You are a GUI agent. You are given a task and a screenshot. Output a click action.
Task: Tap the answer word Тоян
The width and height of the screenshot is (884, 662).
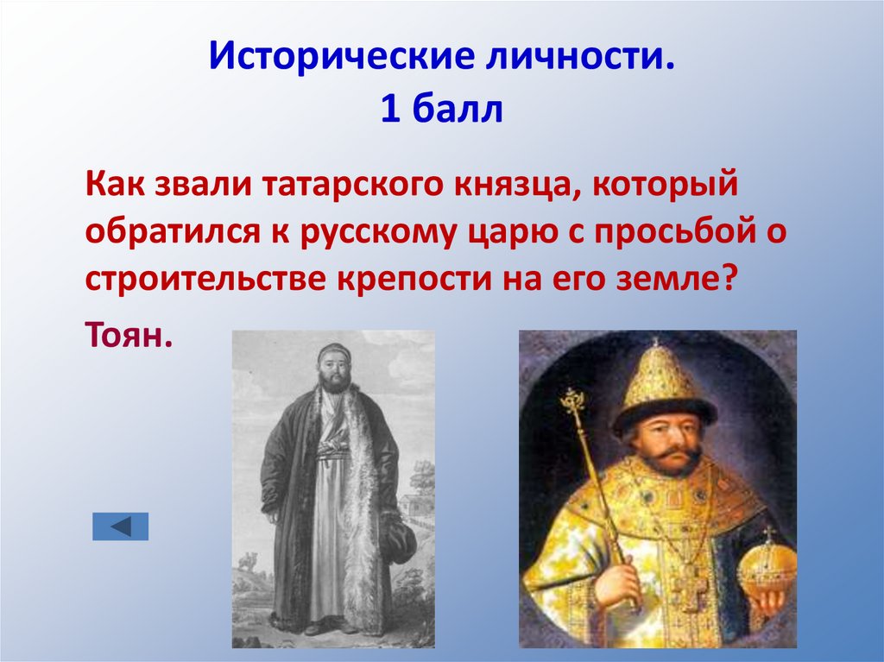129,333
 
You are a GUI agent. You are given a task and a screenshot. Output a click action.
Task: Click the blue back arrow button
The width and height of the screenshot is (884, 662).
121,526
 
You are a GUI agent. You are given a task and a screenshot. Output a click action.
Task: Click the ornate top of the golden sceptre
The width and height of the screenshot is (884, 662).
572,403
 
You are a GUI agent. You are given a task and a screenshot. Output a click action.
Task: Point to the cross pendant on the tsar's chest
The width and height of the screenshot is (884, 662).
687,588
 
